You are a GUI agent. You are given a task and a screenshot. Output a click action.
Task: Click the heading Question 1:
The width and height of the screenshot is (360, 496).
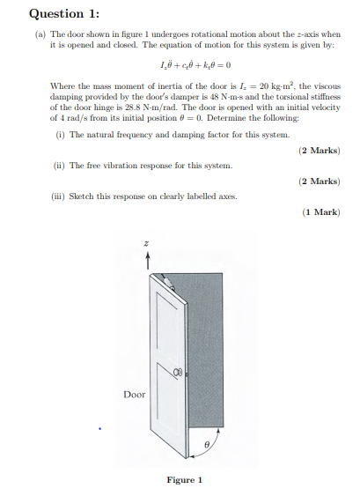click(x=64, y=13)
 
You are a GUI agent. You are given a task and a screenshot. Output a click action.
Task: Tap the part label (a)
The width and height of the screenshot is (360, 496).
click(x=40, y=33)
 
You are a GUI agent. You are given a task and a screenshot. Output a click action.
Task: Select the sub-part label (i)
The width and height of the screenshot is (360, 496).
click(x=60, y=135)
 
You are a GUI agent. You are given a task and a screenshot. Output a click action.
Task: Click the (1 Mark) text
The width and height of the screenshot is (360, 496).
click(x=320, y=211)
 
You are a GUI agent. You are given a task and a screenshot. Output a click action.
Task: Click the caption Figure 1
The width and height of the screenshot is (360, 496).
click(x=185, y=479)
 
